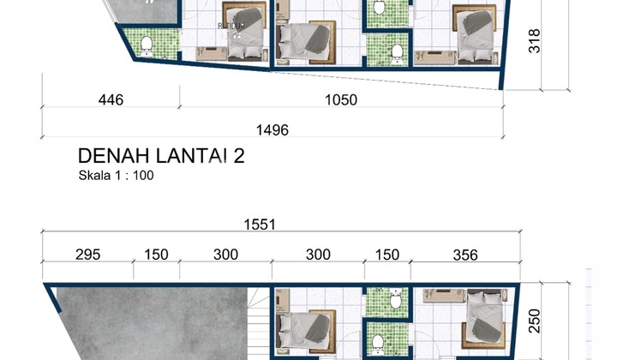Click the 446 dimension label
pos(111,100)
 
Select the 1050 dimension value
pos(340,100)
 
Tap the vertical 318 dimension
pos(536,41)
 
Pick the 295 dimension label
pos(87,255)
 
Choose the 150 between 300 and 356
pos(387,255)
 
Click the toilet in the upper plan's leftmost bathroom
pos(147,44)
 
